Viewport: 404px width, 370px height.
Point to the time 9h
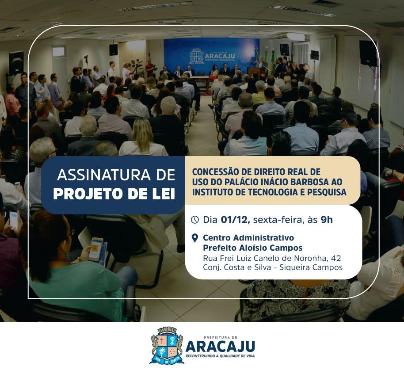(x=327, y=220)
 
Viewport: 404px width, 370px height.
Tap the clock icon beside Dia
(x=195, y=220)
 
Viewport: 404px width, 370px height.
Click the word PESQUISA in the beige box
(x=327, y=192)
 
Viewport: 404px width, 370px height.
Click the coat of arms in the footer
(x=167, y=345)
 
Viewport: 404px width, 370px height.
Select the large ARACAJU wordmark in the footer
(x=220, y=346)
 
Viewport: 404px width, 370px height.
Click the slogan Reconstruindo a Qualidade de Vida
(x=220, y=356)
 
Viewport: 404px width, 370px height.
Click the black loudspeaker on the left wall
(x=16, y=63)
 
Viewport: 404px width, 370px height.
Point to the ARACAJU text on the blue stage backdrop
(x=220, y=56)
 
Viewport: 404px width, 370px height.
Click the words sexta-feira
(x=277, y=220)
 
